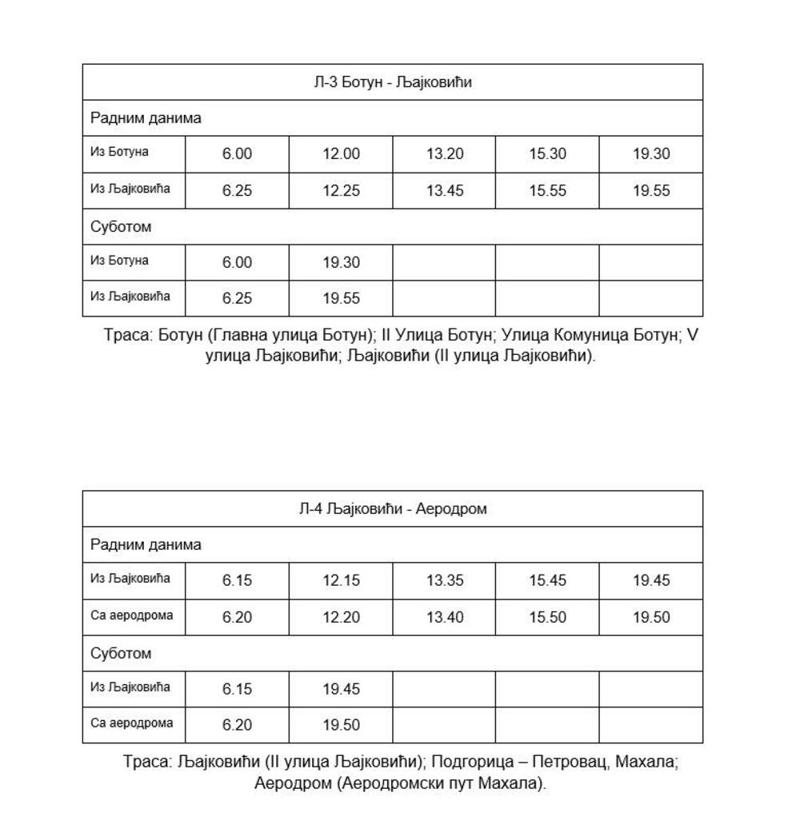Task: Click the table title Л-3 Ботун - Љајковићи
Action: [392, 82]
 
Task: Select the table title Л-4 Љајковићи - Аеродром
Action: [392, 509]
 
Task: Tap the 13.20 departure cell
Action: [444, 154]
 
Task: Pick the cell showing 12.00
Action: [341, 154]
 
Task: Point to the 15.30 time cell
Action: [547, 154]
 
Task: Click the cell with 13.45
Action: [444, 191]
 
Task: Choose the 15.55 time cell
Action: [547, 191]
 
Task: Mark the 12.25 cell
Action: [341, 191]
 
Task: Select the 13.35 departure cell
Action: [444, 581]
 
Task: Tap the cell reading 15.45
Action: [547, 581]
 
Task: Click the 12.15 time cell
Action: [341, 581]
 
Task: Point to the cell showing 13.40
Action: [444, 618]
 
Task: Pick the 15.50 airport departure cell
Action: [547, 618]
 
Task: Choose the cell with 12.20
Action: [341, 618]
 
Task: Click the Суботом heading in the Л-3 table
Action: [121, 227]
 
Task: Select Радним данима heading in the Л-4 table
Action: [146, 545]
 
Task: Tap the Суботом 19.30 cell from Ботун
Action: [341, 263]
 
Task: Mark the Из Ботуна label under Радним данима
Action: [119, 152]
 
